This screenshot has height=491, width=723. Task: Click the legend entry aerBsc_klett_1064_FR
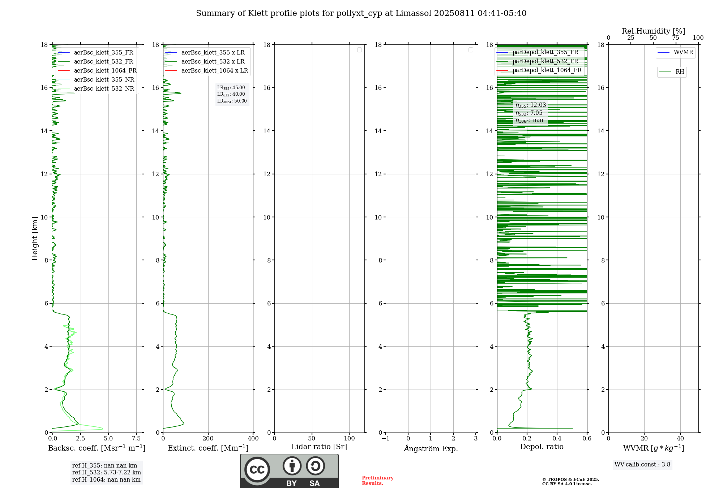click(105, 70)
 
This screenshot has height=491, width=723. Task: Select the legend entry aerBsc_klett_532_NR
click(104, 88)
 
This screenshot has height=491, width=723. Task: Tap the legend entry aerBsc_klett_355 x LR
click(213, 52)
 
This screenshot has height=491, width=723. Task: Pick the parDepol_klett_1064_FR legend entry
click(547, 70)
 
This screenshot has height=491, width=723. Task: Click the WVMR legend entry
click(683, 52)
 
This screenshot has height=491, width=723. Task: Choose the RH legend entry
click(680, 72)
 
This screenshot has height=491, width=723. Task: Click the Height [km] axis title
click(35, 238)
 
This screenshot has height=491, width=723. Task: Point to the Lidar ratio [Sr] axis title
click(319, 447)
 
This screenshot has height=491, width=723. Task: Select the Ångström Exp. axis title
click(431, 448)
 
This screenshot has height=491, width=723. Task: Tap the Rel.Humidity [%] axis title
click(653, 31)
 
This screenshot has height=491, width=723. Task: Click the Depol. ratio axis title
click(542, 447)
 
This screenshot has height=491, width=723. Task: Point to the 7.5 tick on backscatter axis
click(136, 439)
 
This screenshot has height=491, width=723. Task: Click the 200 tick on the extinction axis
click(208, 439)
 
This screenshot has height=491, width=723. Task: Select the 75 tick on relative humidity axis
click(676, 38)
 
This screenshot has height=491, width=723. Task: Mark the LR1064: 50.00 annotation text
click(232, 101)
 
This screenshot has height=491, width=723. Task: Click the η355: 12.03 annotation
click(531, 105)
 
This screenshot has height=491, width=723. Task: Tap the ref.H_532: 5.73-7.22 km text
click(107, 472)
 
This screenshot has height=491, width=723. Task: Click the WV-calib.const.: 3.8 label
click(642, 465)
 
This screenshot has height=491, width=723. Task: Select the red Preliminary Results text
click(377, 481)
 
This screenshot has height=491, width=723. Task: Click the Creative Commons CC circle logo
click(257, 470)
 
